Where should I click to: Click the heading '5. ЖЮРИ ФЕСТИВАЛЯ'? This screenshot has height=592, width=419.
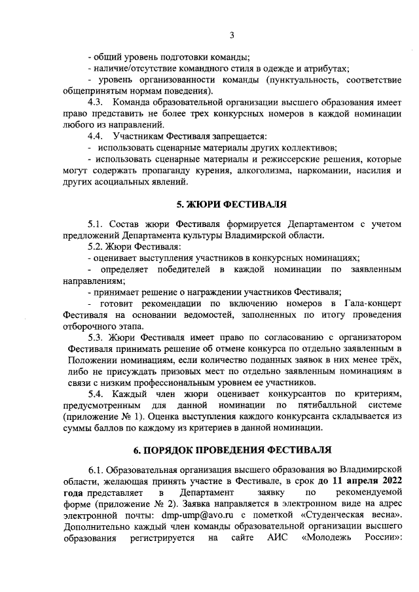(x=232, y=205)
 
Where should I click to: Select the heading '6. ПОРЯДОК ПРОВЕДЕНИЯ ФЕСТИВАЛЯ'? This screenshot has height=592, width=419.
(x=232, y=449)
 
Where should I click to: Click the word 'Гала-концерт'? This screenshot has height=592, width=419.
(x=373, y=304)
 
